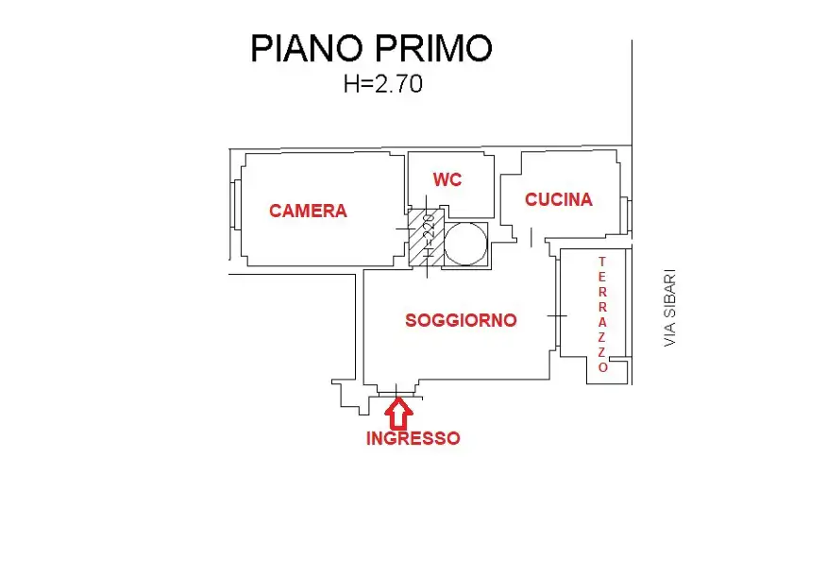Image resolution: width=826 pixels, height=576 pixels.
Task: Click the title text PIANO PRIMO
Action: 371,48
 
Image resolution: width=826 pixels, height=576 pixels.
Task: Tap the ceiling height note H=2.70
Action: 383,84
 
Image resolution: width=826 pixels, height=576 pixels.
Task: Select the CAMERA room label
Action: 308,211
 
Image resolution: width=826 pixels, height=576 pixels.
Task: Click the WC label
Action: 447,179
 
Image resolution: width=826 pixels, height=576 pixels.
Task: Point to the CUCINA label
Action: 559,199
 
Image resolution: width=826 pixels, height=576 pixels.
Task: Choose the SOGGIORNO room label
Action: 461,320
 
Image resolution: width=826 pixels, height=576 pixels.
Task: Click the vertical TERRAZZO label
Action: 601,314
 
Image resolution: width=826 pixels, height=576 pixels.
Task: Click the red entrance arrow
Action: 398,412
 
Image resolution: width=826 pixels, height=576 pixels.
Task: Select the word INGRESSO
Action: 413,438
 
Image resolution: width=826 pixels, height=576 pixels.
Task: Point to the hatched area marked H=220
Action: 421,237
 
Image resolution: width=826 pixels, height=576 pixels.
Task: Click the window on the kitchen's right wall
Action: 625,214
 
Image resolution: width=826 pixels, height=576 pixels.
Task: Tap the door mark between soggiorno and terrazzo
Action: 558,315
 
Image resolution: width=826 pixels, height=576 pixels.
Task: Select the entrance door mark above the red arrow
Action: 397,389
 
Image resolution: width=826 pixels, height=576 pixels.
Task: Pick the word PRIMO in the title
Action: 438,48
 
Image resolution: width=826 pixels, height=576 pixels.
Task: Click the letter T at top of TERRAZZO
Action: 601,262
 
